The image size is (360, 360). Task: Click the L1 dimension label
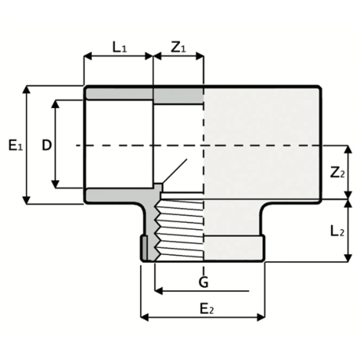pos(119,47)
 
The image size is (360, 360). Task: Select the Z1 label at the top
pos(178,47)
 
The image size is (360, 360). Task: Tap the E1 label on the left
pos(14,144)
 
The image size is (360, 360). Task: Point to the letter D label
pos(46,144)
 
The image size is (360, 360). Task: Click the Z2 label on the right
pos(337,172)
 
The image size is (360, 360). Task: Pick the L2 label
pos(338,231)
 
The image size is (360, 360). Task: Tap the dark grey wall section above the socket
pos(119,95)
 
